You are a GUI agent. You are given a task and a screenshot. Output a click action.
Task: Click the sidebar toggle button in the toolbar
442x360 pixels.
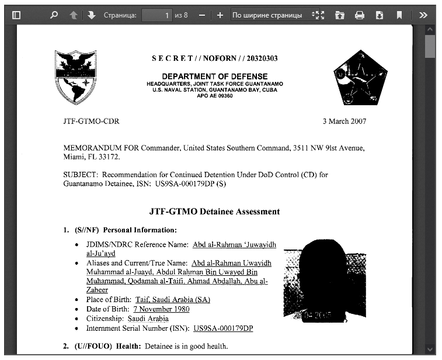pos(16,15)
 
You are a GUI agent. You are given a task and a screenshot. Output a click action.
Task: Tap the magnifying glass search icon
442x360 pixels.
pos(54,15)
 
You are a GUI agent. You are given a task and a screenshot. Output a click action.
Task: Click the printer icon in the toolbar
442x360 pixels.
pos(360,15)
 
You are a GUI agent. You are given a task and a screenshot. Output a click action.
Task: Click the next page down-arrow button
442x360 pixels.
pos(92,15)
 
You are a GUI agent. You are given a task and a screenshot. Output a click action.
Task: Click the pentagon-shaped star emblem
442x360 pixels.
pos(356,77)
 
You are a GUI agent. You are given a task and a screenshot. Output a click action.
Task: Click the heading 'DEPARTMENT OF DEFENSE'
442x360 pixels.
pos(214,77)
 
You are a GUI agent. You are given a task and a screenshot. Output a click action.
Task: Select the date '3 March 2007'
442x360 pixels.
pos(344,122)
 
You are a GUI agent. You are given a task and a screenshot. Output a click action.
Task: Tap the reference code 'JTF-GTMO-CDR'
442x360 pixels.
pos(91,122)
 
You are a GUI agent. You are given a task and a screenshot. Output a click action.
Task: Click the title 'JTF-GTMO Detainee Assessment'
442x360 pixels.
pos(214,212)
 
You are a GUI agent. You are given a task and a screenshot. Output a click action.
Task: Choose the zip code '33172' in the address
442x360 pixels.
pos(109,158)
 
